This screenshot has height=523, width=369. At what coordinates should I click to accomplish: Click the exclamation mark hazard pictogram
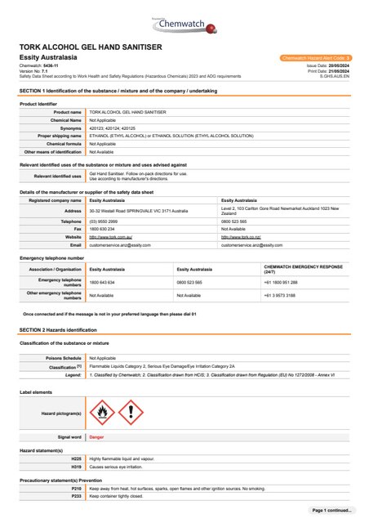point(131,412)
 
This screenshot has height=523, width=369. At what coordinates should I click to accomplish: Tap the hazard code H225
point(77,458)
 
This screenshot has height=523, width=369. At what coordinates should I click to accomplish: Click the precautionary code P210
point(77,489)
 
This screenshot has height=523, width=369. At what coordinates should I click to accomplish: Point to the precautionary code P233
point(77,496)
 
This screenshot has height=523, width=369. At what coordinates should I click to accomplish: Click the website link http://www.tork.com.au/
point(109,236)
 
